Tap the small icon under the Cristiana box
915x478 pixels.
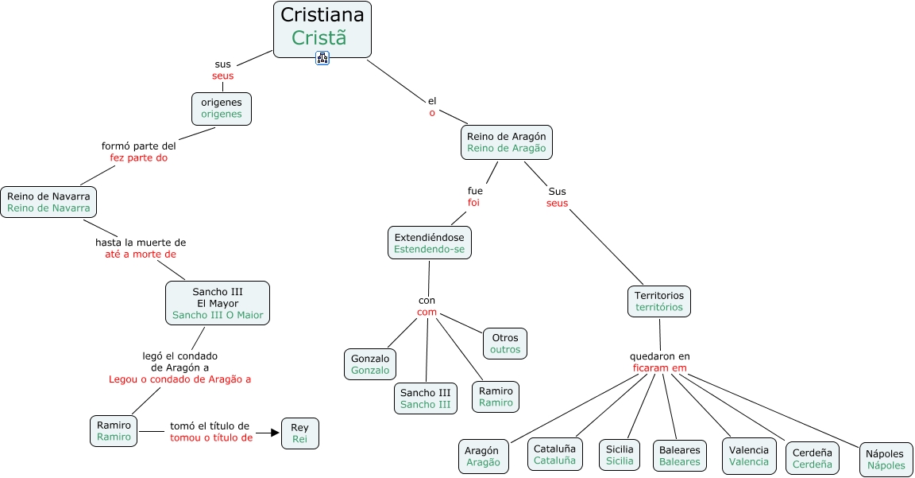click(x=322, y=57)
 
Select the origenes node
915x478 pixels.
click(x=222, y=109)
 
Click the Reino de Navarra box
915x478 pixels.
click(x=48, y=202)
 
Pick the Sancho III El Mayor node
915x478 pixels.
click(x=218, y=303)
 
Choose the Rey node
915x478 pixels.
click(x=299, y=433)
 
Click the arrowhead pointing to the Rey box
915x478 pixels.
click(x=275, y=433)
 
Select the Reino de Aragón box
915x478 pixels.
click(x=507, y=142)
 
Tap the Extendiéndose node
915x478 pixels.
click(x=429, y=243)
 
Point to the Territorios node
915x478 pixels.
click(x=659, y=301)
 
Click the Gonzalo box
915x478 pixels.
click(x=370, y=364)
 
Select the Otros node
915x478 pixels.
click(x=505, y=344)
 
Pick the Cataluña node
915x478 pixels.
click(x=554, y=454)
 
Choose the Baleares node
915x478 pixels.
click(x=680, y=456)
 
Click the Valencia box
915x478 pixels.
click(x=749, y=456)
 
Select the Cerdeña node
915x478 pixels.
click(x=813, y=459)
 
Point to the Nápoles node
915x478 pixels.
click(x=886, y=460)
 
